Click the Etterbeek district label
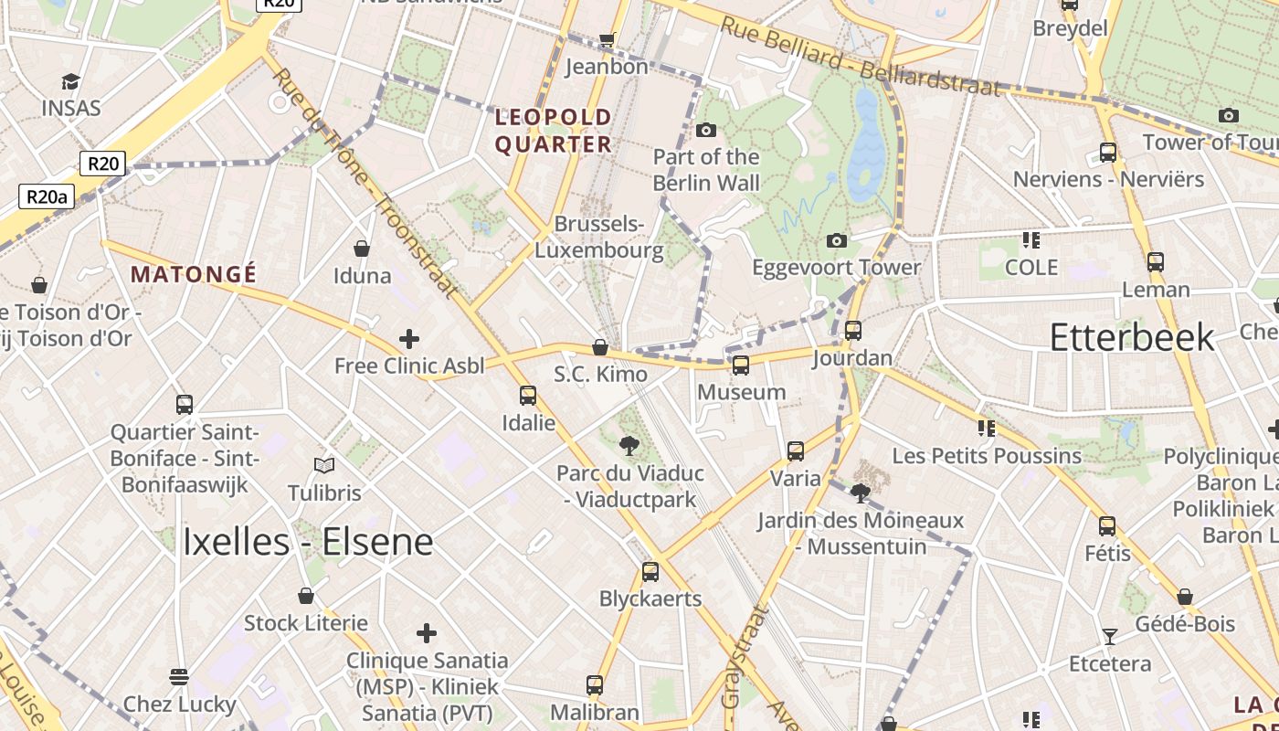tap(1131, 337)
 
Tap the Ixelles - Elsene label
tap(307, 542)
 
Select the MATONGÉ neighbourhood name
tap(194, 274)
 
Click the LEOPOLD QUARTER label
tap(553, 131)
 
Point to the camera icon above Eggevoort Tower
tap(836, 240)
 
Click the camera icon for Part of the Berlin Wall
tap(705, 130)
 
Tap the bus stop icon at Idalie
tap(527, 396)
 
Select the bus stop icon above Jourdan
tap(852, 330)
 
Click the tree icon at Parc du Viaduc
tap(629, 446)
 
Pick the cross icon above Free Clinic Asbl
tap(408, 340)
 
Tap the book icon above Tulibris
tap(324, 466)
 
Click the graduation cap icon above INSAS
tap(70, 82)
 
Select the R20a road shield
tap(47, 196)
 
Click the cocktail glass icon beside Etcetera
tap(1109, 636)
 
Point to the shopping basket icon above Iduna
tap(362, 249)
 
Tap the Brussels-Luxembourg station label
tap(599, 237)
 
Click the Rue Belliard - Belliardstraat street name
tap(860, 57)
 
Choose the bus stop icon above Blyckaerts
tap(650, 572)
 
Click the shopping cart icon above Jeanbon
tap(607, 39)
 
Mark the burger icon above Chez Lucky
tap(179, 677)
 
